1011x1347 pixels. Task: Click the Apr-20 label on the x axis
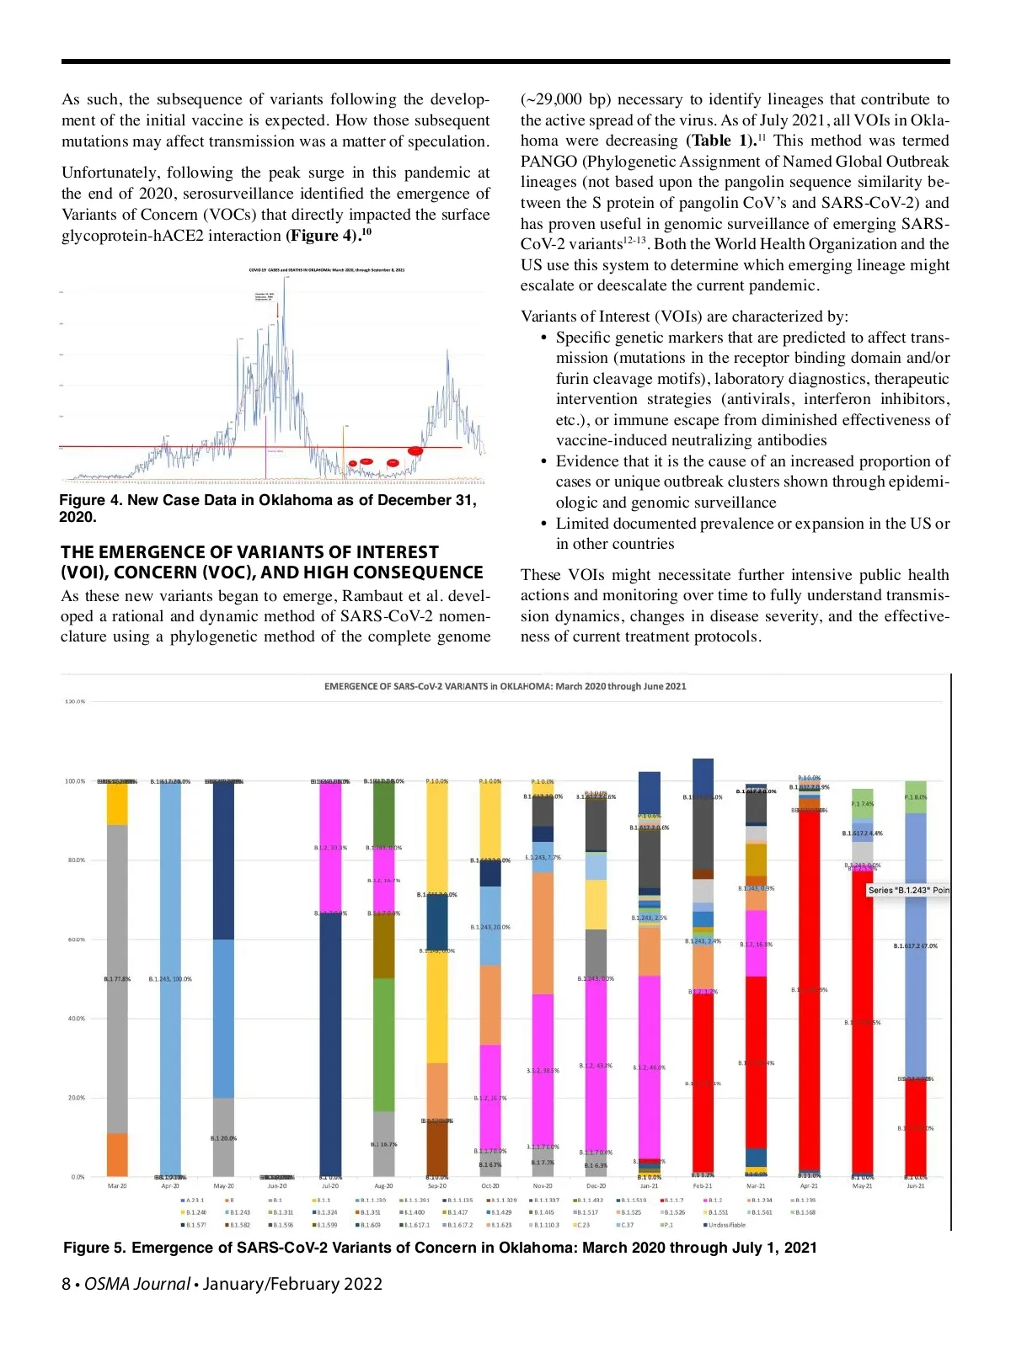[x=170, y=1185]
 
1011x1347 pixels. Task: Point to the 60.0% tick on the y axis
[x=76, y=940]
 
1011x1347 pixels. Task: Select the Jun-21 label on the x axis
[x=915, y=1185]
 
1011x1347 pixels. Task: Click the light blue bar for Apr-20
[x=170, y=977]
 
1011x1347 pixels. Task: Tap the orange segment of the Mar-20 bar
[x=117, y=1154]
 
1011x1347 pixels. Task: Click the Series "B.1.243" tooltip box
[x=908, y=890]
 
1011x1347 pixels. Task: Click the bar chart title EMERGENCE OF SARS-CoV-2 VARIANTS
[x=505, y=686]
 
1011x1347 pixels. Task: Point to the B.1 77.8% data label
[x=117, y=979]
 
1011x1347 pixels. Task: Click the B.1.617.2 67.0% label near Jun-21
[x=915, y=945]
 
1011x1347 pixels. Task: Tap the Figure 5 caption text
[x=440, y=1248]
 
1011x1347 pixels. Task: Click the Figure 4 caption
[x=268, y=508]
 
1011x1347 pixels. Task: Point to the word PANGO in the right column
[x=548, y=162]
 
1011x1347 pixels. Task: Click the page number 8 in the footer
[x=66, y=1284]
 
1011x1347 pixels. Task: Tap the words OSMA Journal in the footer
[x=136, y=1284]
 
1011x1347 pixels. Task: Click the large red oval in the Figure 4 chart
[x=415, y=451]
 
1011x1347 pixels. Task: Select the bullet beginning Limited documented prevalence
[x=752, y=534]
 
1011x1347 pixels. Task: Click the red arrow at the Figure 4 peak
[x=277, y=311]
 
